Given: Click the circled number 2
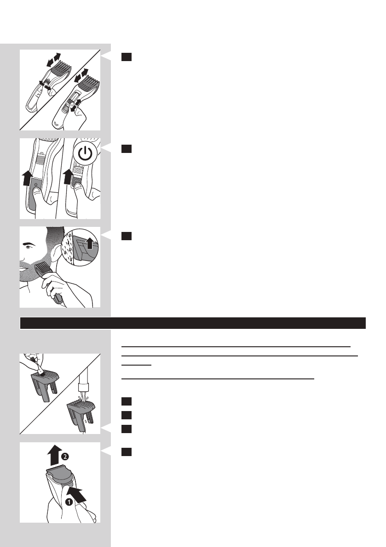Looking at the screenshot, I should pyautogui.click(x=65, y=456).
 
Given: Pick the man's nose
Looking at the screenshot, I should pyautogui.click(x=21, y=254).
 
